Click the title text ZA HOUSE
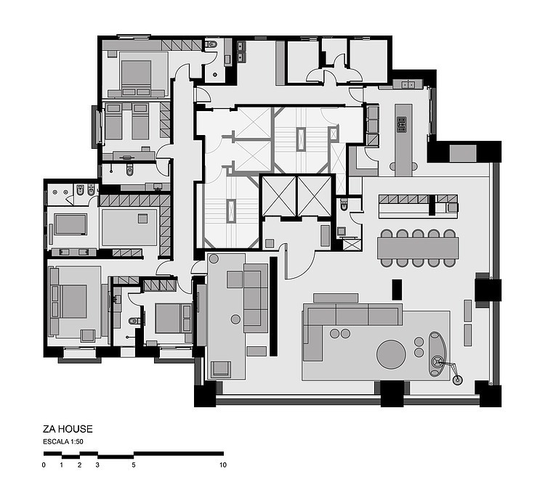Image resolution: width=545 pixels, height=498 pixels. coord(68,429)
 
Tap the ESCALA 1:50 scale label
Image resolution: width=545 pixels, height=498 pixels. coord(63,442)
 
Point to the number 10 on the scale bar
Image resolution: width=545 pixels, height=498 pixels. coord(223,465)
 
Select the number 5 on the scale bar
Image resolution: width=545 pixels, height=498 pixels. coord(134,465)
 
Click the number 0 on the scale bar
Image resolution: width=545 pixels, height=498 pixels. coord(44,465)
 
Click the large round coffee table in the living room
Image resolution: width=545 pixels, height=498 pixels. coord(391,354)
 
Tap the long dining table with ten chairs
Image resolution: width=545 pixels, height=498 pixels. coord(418,248)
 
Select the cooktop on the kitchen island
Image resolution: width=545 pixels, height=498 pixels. coord(401,124)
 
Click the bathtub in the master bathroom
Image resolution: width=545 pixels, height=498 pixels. coord(70,224)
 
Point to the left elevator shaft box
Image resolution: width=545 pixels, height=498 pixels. coord(279,196)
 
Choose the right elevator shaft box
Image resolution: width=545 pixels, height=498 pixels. coord(315,196)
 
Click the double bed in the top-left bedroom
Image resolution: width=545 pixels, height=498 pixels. coord(137,74)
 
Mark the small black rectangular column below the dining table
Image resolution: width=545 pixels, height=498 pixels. coord(397,290)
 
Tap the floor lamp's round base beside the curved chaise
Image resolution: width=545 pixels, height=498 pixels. coord(458,380)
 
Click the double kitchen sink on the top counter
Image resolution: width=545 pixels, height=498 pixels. coord(408,84)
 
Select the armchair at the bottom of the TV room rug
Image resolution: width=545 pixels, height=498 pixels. coord(221,369)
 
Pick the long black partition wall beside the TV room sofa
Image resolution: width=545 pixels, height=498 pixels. coord(273,306)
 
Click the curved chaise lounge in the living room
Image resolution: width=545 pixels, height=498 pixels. coord(436,354)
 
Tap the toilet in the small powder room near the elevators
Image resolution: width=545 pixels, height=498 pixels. coord(344,204)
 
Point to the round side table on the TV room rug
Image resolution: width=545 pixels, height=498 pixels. coord(235,319)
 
